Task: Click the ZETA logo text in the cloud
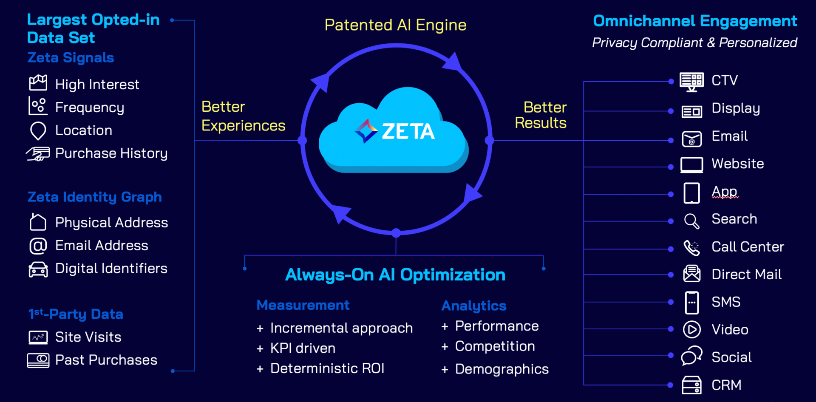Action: (x=408, y=131)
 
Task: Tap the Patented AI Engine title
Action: (x=395, y=25)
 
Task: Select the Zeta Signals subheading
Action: (x=71, y=58)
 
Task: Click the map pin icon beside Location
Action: (x=38, y=130)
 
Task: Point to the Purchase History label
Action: (x=111, y=153)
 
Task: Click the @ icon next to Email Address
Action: (x=38, y=246)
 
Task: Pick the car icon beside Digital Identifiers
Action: (x=38, y=269)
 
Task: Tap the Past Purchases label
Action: (x=106, y=360)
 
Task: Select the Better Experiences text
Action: (x=243, y=116)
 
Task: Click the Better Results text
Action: (x=541, y=115)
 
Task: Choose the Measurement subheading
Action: (x=303, y=305)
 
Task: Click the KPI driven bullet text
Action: (x=303, y=348)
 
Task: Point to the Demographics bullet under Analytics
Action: (x=501, y=369)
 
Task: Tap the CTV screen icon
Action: (x=691, y=81)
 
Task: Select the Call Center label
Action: (x=748, y=247)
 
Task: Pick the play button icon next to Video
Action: (x=691, y=330)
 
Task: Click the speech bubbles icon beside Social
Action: (x=691, y=356)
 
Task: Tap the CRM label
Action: (x=726, y=385)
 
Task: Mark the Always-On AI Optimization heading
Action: (x=395, y=275)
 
